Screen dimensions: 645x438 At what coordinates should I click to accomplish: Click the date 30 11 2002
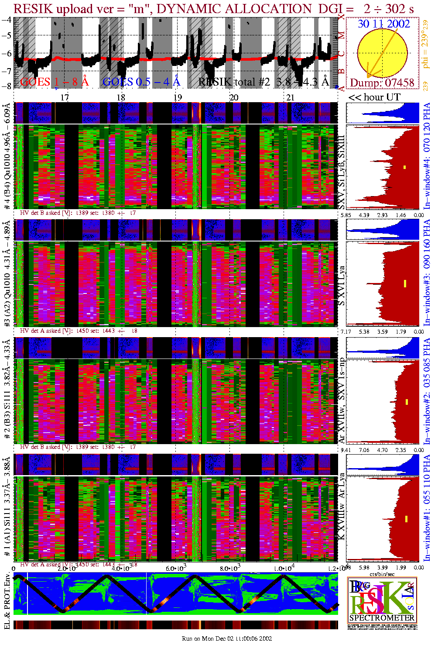[x=383, y=24]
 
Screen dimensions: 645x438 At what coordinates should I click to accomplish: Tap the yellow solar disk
[x=383, y=53]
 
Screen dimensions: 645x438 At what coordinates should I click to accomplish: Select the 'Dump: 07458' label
[x=382, y=83]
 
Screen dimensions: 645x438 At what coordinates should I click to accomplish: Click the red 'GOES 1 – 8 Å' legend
[x=54, y=81]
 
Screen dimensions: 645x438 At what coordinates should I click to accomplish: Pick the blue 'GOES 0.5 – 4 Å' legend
[x=141, y=81]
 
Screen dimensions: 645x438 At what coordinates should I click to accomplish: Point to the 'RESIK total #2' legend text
[x=234, y=82]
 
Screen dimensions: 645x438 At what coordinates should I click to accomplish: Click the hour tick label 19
[x=177, y=97]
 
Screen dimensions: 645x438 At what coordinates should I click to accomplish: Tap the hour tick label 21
[x=290, y=97]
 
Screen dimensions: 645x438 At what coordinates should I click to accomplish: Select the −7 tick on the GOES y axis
[x=7, y=70]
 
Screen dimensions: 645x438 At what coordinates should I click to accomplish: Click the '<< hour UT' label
[x=374, y=97]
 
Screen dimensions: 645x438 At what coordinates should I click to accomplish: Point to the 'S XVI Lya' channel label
[x=342, y=286]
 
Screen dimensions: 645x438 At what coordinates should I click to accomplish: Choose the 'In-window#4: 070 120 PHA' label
[x=427, y=155]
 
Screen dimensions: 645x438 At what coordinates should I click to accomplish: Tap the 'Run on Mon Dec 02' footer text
[x=226, y=638]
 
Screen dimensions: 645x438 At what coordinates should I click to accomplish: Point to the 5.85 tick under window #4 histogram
[x=346, y=215]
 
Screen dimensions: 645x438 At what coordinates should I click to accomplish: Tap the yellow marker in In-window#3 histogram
[x=405, y=283]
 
